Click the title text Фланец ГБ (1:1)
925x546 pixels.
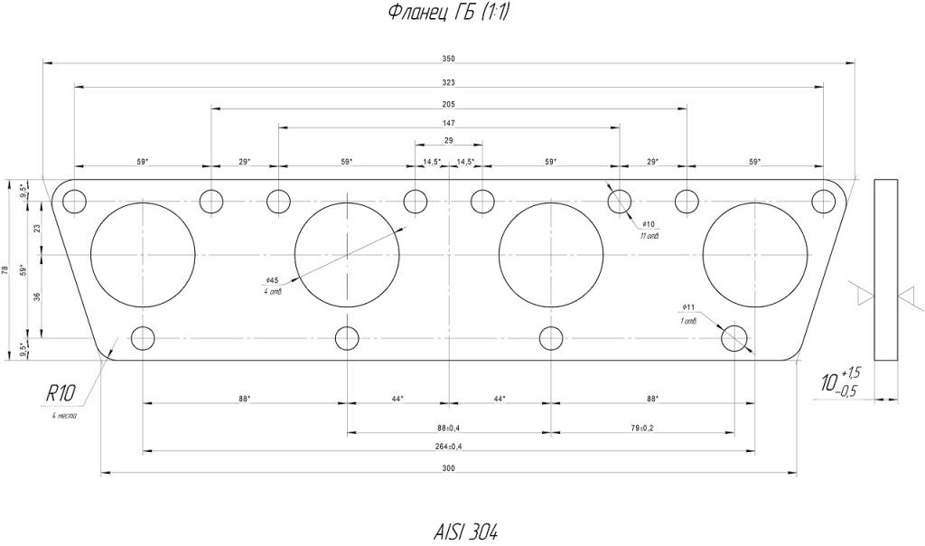click(x=442, y=12)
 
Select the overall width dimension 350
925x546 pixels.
click(x=449, y=59)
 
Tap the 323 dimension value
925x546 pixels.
click(x=449, y=82)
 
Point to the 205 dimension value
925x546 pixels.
click(x=449, y=104)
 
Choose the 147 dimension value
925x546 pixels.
click(x=449, y=123)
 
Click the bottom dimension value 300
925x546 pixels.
click(x=449, y=467)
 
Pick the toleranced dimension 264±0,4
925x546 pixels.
click(x=449, y=446)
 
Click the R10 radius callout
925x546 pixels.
click(x=61, y=392)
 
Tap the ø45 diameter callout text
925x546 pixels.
click(x=271, y=280)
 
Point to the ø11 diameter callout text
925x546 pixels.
click(x=688, y=307)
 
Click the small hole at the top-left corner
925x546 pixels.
click(x=75, y=201)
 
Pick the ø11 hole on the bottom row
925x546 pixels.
click(x=734, y=338)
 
